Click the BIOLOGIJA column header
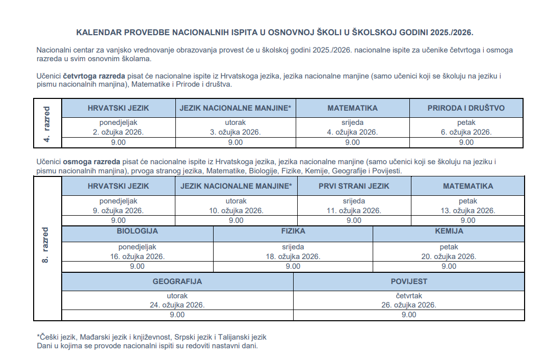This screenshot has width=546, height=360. [137, 231]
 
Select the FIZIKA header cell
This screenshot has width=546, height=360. [293, 231]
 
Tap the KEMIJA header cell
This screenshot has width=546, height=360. [449, 231]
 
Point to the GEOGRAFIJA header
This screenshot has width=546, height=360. [177, 281]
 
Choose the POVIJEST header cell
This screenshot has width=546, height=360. [409, 281]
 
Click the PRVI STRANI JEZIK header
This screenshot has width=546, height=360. [354, 186]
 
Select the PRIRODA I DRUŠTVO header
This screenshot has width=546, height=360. [466, 108]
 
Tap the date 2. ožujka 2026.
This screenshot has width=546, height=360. [118, 132]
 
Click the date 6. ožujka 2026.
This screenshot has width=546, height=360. [466, 132]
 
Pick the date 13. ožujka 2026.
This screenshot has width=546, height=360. [467, 211]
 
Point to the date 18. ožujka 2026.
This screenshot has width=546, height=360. [293, 256]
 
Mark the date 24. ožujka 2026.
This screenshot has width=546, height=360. [177, 305]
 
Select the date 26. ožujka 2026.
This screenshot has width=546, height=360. [409, 305]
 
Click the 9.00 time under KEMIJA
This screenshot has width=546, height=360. [449, 266]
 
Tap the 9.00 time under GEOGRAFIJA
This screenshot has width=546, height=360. [177, 315]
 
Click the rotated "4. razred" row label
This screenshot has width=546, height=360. [47, 123]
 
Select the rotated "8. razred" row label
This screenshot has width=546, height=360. [46, 245]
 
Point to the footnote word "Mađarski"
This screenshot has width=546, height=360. [92, 337]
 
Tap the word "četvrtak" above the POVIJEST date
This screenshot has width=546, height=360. [409, 295]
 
